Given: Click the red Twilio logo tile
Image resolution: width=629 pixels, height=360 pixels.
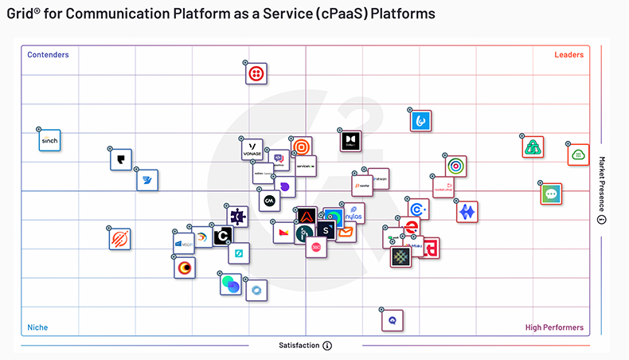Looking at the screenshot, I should [x=256, y=73].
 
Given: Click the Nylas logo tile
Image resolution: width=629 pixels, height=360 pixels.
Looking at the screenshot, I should [x=354, y=215].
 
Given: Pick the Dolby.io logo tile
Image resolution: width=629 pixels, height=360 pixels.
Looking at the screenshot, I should [x=350, y=141].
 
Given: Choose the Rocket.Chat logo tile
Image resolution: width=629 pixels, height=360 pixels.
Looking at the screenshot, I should [x=443, y=187].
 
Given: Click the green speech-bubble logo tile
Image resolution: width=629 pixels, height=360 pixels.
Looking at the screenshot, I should [x=550, y=194].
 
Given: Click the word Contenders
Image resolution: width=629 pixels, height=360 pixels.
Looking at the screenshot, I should [x=48, y=55].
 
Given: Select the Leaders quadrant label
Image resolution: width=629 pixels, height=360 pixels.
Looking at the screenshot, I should [x=568, y=55].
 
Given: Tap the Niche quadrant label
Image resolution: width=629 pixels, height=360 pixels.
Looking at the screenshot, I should [x=37, y=327].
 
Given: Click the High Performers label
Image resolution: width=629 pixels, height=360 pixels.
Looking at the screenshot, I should [x=554, y=327].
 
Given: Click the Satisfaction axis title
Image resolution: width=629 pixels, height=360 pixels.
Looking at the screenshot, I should [x=299, y=346].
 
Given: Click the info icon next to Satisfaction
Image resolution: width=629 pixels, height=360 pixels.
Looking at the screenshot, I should [x=327, y=346].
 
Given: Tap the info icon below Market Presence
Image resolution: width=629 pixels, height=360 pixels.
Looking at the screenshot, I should [x=602, y=221].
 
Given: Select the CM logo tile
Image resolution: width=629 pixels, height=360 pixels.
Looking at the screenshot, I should [x=269, y=199].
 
